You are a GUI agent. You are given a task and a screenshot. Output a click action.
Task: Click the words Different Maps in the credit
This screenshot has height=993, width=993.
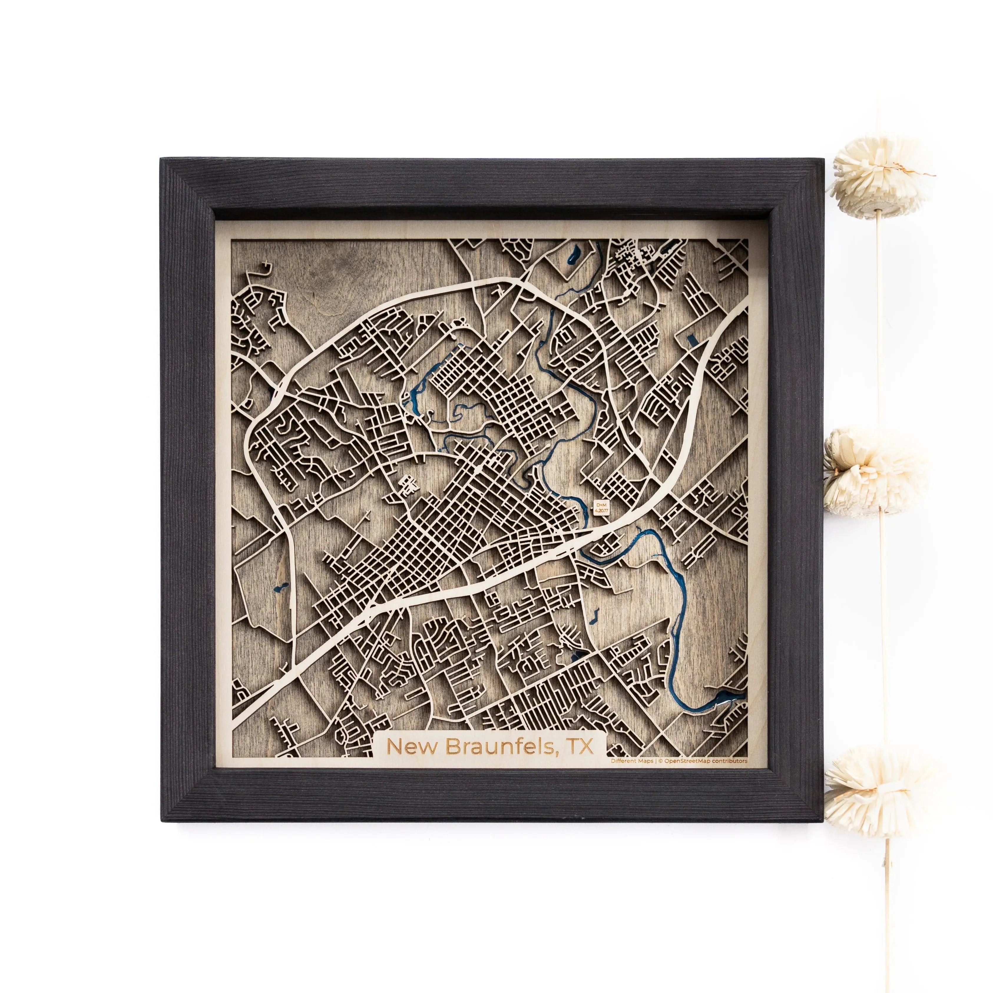[632, 761]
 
